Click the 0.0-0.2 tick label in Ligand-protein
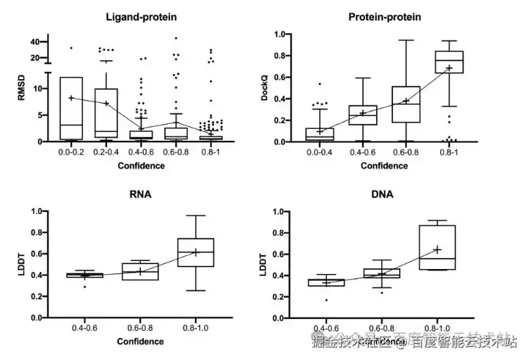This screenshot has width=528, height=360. click(x=71, y=153)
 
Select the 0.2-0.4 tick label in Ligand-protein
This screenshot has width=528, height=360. click(x=107, y=153)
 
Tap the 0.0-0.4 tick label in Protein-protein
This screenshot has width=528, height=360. click(x=319, y=153)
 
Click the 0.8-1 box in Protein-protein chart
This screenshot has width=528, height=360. click(x=449, y=62)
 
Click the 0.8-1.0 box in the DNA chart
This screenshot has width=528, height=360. click(x=437, y=247)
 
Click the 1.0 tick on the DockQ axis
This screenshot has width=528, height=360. click(x=279, y=34)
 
